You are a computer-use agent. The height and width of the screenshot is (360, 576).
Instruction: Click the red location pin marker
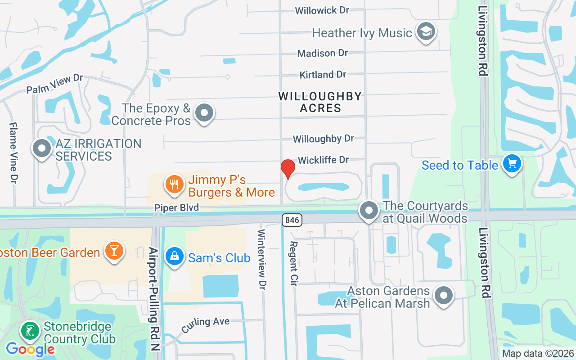pyautogui.click(x=288, y=169)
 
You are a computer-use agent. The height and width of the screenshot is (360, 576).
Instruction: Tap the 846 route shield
pyautogui.click(x=292, y=220)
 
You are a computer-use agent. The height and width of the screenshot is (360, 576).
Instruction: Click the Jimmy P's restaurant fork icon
pyautogui.click(x=174, y=184)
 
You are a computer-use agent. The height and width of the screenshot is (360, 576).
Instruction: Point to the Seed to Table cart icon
pyautogui.click(x=512, y=163)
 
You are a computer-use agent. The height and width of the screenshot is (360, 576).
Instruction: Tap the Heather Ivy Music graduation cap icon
pyautogui.click(x=425, y=31)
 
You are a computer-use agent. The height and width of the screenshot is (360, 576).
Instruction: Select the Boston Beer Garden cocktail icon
pyautogui.click(x=114, y=250)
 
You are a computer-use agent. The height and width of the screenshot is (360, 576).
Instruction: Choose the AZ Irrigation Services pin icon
pyautogui.click(x=42, y=148)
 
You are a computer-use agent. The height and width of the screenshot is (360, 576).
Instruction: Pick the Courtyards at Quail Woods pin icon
pyautogui.click(x=369, y=210)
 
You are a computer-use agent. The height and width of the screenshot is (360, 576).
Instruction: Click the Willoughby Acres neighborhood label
pyautogui.click(x=320, y=102)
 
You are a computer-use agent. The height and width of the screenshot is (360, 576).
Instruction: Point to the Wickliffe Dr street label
pyautogui.click(x=323, y=160)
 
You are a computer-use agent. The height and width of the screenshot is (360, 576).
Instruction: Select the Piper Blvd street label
pyautogui.click(x=176, y=207)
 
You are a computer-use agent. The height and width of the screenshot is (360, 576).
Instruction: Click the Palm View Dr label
pyautogui.click(x=54, y=84)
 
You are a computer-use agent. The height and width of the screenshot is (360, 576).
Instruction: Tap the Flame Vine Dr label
pyautogui.click(x=13, y=153)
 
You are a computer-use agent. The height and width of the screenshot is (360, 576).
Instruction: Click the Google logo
pyautogui.click(x=30, y=349)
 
